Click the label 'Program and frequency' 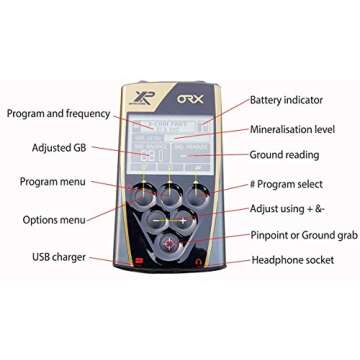[x=59, y=114]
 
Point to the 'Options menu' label [x=53, y=218]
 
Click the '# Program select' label [x=300, y=186]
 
